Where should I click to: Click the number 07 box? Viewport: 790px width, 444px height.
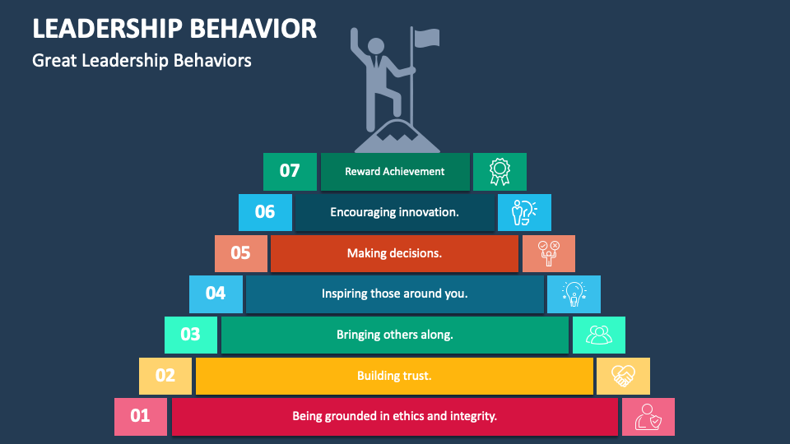point(290,172)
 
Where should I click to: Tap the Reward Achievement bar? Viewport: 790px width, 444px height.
point(395,172)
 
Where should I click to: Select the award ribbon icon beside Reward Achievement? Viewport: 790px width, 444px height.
point(500,172)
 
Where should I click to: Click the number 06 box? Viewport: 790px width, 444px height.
point(265,212)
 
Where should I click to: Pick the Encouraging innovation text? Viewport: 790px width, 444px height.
point(394,212)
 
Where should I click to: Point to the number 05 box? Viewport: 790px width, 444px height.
point(240,253)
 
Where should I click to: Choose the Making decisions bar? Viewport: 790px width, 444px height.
point(394,253)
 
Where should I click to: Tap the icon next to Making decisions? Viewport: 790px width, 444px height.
point(548,253)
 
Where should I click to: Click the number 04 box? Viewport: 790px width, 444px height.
point(216,294)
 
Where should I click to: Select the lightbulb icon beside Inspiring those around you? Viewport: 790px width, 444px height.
point(574,294)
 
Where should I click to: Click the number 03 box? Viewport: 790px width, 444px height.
point(191,335)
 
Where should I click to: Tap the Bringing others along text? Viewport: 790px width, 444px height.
point(395,335)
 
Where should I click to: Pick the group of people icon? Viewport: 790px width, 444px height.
point(598,335)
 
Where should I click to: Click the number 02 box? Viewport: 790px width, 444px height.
point(165,376)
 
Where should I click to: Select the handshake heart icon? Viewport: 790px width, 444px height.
point(623,376)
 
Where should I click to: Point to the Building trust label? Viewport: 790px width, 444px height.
point(394,376)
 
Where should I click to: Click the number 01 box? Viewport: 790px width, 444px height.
point(141,416)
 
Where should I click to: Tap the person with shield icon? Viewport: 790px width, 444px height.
point(648,416)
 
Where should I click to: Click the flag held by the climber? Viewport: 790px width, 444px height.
point(426,38)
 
